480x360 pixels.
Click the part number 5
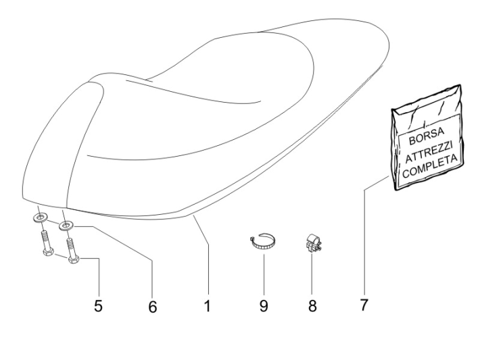click(x=98, y=305)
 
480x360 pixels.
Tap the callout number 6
click(x=152, y=307)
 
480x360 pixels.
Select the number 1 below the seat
click(x=208, y=305)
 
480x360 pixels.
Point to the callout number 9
click(x=263, y=305)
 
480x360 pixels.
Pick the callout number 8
click(x=312, y=305)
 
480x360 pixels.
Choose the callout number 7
click(x=363, y=305)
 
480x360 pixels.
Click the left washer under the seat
click(x=40, y=217)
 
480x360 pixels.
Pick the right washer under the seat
click(x=66, y=226)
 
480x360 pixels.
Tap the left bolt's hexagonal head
click(x=47, y=253)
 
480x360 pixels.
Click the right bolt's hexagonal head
click(x=74, y=260)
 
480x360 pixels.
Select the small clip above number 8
click(x=312, y=243)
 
